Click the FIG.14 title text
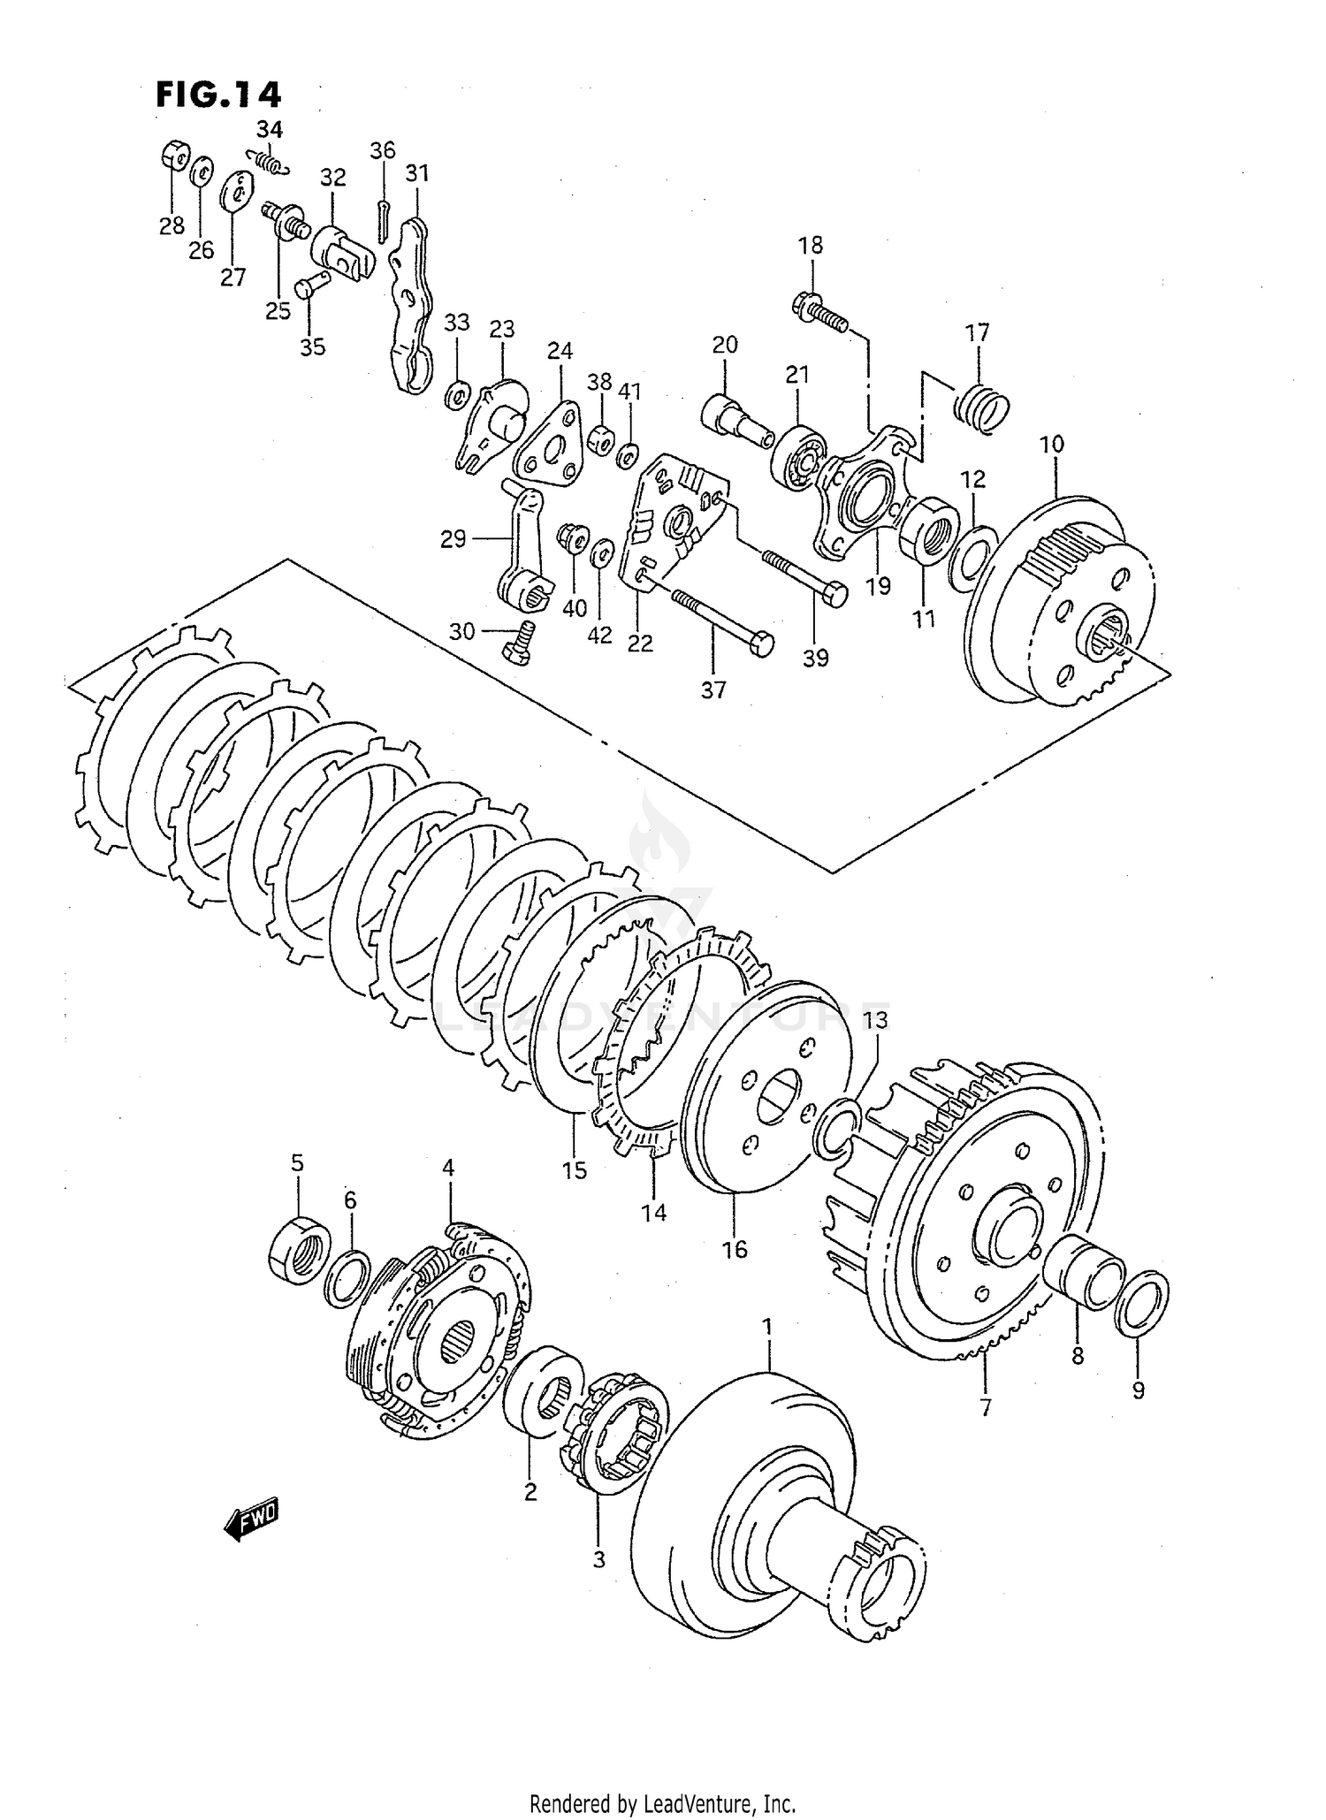click(x=218, y=95)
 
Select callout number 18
click(x=810, y=246)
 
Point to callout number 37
click(x=713, y=689)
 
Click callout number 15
click(x=574, y=1170)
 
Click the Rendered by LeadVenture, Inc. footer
click(x=662, y=1803)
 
